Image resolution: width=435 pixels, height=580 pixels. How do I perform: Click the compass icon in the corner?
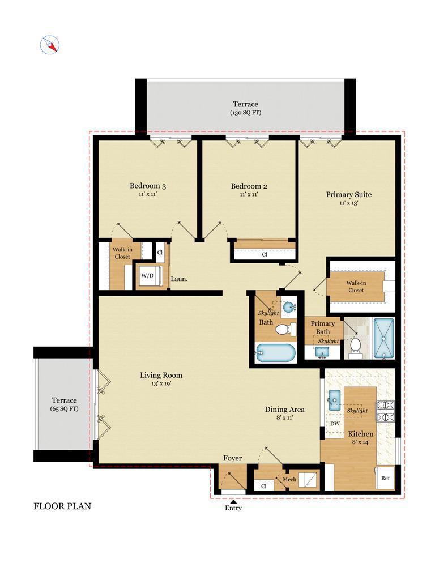(x=50, y=45)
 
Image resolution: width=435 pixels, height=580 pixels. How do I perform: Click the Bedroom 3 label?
(x=148, y=186)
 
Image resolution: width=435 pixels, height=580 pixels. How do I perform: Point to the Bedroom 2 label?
(x=249, y=186)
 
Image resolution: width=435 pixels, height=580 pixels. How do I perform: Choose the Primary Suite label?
(x=348, y=195)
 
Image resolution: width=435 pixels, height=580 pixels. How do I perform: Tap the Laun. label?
(x=179, y=279)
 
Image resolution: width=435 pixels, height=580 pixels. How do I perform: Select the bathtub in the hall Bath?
(x=276, y=353)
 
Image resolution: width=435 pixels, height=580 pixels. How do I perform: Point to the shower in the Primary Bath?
(x=383, y=338)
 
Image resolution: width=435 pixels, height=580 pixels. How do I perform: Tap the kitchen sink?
(x=334, y=400)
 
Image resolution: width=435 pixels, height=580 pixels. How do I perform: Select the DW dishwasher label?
(x=335, y=424)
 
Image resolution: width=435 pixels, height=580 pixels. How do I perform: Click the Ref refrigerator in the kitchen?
(x=385, y=478)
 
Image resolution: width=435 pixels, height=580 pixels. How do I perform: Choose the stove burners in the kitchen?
(x=385, y=412)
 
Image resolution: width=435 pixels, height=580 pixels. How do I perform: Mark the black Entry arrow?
(x=233, y=502)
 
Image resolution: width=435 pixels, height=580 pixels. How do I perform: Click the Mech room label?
(x=289, y=479)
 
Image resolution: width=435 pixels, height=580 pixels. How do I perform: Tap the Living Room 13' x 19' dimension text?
(x=161, y=384)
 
